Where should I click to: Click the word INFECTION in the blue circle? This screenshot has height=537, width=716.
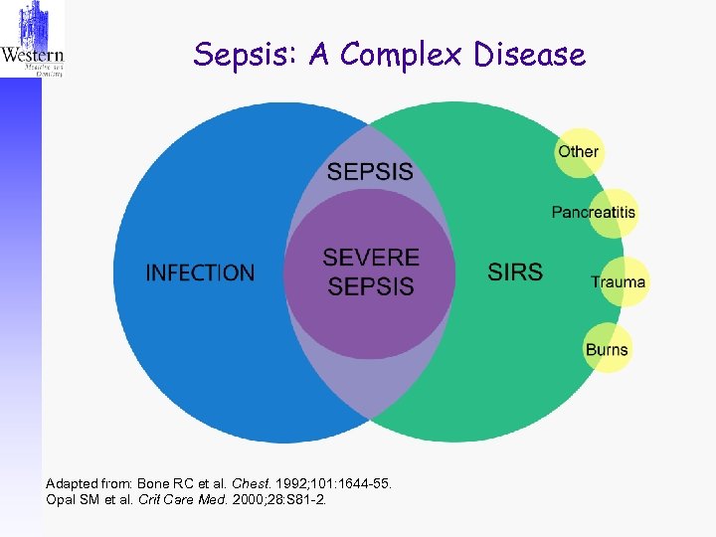(200, 272)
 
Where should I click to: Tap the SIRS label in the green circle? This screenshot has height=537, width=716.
(515, 271)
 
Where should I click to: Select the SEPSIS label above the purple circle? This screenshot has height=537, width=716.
(370, 171)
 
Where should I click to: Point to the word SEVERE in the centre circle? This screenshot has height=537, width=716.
(369, 258)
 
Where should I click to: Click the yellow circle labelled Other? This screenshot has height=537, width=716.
(578, 152)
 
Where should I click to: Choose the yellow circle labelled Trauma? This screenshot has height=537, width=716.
(619, 281)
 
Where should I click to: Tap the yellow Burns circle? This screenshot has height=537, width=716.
(607, 348)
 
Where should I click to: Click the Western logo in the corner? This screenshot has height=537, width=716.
(32, 40)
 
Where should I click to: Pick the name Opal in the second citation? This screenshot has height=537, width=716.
(62, 498)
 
